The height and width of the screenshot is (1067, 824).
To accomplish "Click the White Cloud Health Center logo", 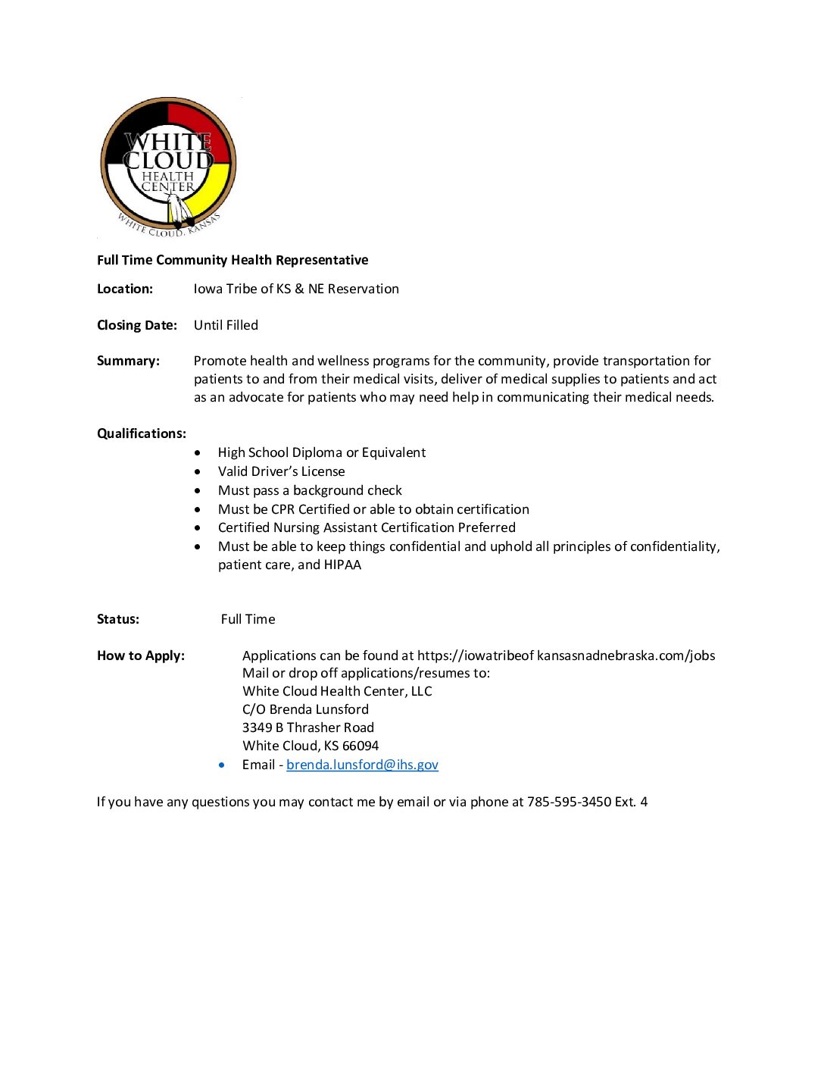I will (168, 166).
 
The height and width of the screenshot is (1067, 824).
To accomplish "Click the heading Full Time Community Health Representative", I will (233, 260).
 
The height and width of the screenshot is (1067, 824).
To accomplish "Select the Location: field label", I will (125, 289).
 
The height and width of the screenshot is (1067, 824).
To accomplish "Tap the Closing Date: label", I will (137, 325).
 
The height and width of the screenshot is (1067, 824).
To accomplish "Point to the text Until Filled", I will (226, 325).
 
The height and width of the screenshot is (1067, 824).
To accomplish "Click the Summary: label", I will (128, 361).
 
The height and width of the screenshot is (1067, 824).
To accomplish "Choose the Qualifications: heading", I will (142, 433).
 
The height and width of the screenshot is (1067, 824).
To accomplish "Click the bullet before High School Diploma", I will (198, 453).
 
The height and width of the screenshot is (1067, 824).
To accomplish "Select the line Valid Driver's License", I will (281, 471).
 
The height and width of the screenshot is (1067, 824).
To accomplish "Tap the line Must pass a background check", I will (310, 490).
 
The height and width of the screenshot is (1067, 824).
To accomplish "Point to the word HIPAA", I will (342, 565).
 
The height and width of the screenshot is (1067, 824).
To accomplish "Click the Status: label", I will (118, 619).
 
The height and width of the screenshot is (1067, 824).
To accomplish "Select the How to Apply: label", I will (141, 656).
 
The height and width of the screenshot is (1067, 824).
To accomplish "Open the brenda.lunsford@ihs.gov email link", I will (362, 765).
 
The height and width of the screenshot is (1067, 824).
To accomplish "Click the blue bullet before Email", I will (221, 765).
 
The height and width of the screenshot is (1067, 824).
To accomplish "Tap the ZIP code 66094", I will (360, 746).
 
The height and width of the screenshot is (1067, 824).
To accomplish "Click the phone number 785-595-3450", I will (569, 802).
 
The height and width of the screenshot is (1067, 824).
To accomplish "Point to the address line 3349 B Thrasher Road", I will (308, 727).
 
